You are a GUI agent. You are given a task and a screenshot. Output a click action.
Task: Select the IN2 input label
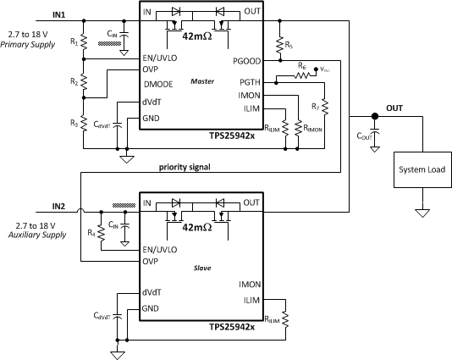pos(58,206)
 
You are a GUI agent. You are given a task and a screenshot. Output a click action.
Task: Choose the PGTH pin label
pos(250,83)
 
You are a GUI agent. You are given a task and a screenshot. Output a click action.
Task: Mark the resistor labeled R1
pos(84,42)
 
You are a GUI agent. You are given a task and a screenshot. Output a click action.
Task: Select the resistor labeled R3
pos(84,124)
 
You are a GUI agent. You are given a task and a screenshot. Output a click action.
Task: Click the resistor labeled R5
pos(278,42)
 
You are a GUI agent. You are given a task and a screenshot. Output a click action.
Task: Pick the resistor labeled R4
pos(100,234)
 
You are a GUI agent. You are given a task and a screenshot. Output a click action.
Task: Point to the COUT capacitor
pos(376,136)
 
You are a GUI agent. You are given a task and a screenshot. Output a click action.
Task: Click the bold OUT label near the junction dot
pos(394,108)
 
